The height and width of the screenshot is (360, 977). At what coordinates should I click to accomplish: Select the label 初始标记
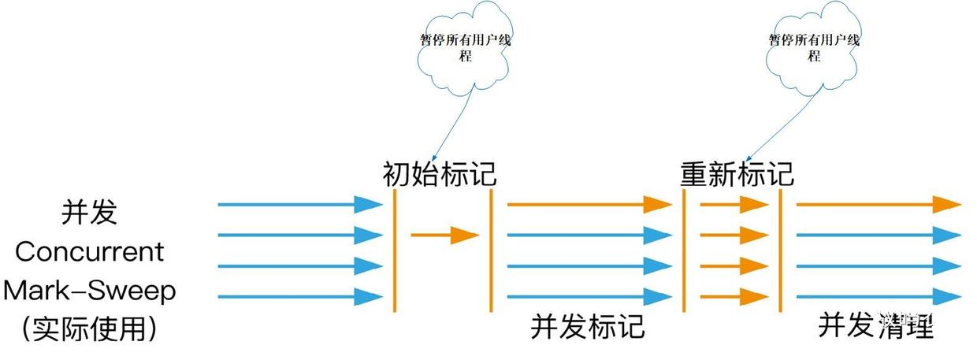pos(440,173)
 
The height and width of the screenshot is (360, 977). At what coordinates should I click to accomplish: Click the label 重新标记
pos(737,173)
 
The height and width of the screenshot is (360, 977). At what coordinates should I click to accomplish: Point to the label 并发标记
pos(587,325)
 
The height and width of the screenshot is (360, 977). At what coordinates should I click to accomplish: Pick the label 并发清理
pos(875,324)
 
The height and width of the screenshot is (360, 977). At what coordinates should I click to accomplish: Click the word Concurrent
pos(89,252)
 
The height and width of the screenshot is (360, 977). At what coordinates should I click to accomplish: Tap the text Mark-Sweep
pos(89,291)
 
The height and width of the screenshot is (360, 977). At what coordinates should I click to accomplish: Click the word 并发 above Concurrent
pos(89,213)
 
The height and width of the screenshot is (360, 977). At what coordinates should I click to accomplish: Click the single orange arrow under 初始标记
pos(445,235)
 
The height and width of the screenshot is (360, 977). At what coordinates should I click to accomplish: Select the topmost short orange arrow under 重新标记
pos(734,205)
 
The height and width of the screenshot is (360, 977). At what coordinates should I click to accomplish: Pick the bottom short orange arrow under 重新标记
pos(734,297)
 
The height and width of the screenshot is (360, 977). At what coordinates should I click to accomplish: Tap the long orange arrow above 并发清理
pos(879,205)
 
